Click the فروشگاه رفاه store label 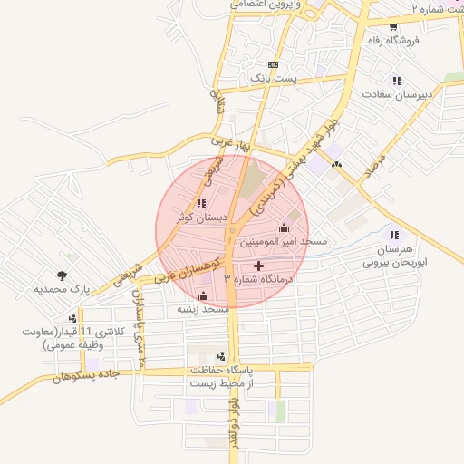[391, 40]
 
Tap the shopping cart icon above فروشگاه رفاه [392, 26]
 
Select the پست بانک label [274, 80]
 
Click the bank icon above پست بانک [274, 66]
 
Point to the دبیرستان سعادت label [397, 94]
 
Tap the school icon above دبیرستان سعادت [397, 81]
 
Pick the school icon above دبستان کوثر [200, 203]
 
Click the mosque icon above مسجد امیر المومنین [285, 227]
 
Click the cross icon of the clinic [261, 266]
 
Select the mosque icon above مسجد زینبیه [203, 295]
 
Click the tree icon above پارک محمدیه [62, 275]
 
